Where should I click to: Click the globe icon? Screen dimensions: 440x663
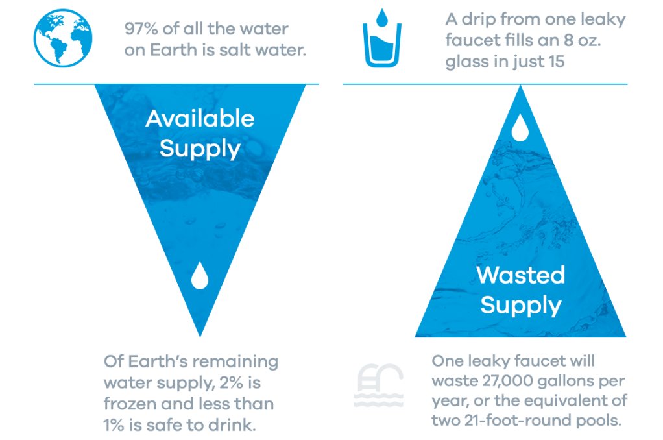click(x=63, y=38)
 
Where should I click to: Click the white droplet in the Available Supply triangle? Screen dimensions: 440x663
click(x=200, y=275)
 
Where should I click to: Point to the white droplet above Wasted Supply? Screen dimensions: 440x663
click(x=520, y=128)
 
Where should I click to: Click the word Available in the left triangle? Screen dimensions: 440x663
click(x=200, y=118)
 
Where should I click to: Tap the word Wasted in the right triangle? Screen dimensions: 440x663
click(x=520, y=275)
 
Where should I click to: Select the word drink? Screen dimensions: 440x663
click(x=242, y=425)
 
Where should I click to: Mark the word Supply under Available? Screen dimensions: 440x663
click(x=200, y=149)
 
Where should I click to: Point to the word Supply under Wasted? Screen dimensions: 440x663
click(x=520, y=305)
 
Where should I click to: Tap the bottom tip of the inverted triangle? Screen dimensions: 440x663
click(x=200, y=334)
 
